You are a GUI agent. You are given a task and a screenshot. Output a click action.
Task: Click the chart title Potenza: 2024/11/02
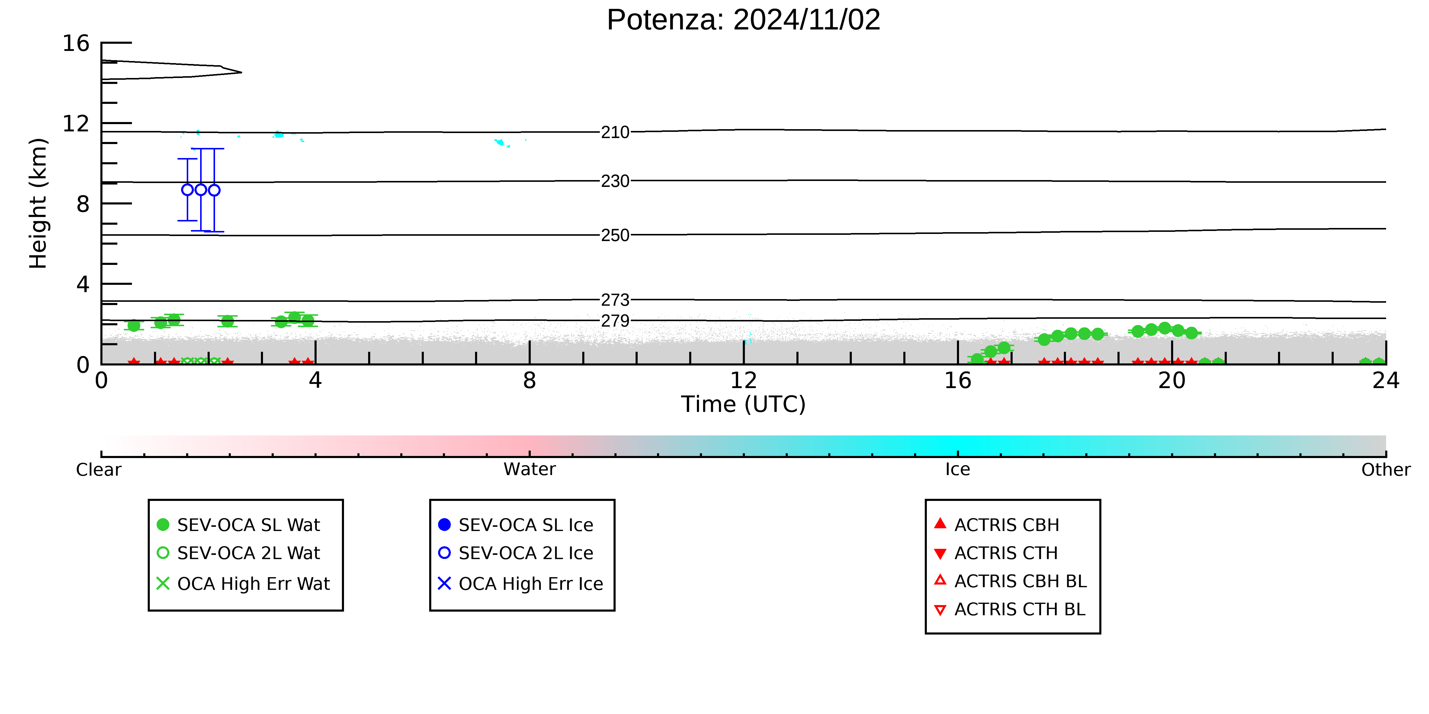pyautogui.click(x=743, y=20)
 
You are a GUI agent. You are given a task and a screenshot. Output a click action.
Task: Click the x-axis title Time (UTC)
pyautogui.click(x=743, y=404)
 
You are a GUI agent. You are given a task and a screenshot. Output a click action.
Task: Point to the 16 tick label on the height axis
pyautogui.click(x=76, y=43)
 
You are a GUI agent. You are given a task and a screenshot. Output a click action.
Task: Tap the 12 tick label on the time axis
pyautogui.click(x=743, y=380)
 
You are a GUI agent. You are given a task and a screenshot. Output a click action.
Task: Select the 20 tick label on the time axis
pyautogui.click(x=1172, y=380)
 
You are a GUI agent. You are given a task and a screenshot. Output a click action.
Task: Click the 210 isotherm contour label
pyautogui.click(x=615, y=132)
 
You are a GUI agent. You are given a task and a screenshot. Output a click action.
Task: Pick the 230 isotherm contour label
pyautogui.click(x=615, y=181)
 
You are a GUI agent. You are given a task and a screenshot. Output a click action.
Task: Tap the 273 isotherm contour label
pyautogui.click(x=615, y=300)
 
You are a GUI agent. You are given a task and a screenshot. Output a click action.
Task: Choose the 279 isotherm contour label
pyautogui.click(x=615, y=321)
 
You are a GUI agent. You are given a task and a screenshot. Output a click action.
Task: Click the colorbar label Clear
pyautogui.click(x=99, y=470)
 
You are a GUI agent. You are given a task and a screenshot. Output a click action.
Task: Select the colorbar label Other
pyautogui.click(x=1386, y=470)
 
